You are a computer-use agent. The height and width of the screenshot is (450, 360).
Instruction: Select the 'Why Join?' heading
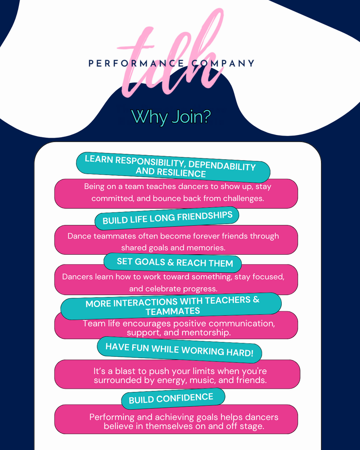[x=171, y=116]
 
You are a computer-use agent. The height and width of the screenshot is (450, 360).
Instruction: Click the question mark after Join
[x=206, y=116]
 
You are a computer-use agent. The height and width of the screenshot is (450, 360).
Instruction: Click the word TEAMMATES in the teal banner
[x=173, y=311]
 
